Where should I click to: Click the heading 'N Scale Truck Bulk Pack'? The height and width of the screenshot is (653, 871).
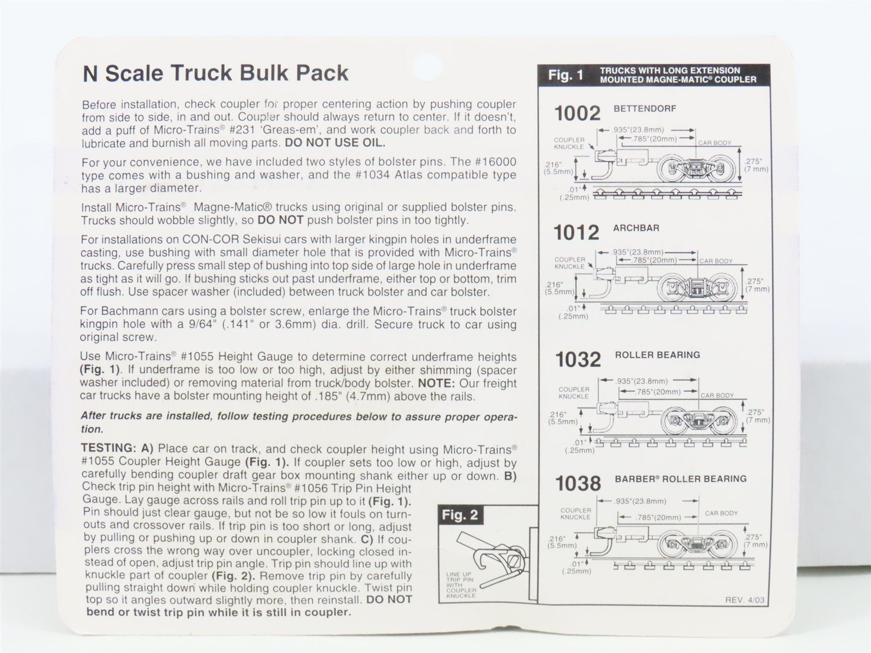point(216,73)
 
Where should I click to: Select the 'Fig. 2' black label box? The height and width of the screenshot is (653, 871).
point(460,515)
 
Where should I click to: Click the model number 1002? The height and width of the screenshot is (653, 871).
point(577,113)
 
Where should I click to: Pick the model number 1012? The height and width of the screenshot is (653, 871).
point(576,233)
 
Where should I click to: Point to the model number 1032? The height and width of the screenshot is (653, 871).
point(578,360)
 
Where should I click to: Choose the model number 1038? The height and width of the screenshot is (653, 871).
point(578,483)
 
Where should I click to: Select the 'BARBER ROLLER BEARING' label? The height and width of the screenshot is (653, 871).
point(680,479)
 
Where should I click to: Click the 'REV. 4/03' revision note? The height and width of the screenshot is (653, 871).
point(745,600)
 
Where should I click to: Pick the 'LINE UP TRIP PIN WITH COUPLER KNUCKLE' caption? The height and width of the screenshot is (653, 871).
point(461,586)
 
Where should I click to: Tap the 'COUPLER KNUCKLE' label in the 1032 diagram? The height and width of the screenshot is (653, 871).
point(574,393)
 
